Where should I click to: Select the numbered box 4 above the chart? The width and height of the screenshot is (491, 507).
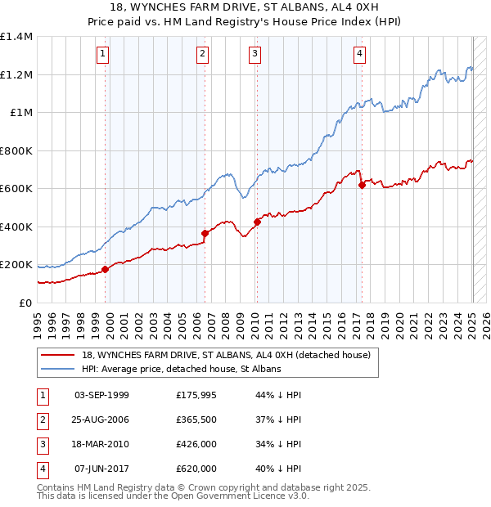pyautogui.click(x=359, y=55)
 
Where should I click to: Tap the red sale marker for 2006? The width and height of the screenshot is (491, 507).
pyautogui.click(x=205, y=233)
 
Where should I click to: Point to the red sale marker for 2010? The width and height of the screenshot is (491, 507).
pyautogui.click(x=256, y=222)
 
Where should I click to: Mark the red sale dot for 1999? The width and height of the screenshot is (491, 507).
pyautogui.click(x=105, y=269)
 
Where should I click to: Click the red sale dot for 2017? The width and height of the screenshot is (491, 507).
pyautogui.click(x=361, y=185)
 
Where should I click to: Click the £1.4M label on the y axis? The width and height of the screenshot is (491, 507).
pyautogui.click(x=16, y=37)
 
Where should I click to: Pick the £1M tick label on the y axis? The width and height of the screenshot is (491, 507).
pyautogui.click(x=21, y=113)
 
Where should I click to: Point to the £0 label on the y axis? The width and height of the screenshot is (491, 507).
pyautogui.click(x=25, y=303)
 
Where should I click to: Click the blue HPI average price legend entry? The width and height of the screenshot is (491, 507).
pyautogui.click(x=181, y=369)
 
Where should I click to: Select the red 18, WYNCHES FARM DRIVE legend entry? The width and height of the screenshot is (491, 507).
pyautogui.click(x=226, y=355)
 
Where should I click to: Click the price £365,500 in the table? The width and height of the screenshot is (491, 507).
pyautogui.click(x=196, y=420)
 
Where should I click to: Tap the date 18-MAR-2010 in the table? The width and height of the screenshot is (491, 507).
pyautogui.click(x=101, y=445)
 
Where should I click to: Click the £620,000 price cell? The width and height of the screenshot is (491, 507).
pyautogui.click(x=196, y=469)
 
